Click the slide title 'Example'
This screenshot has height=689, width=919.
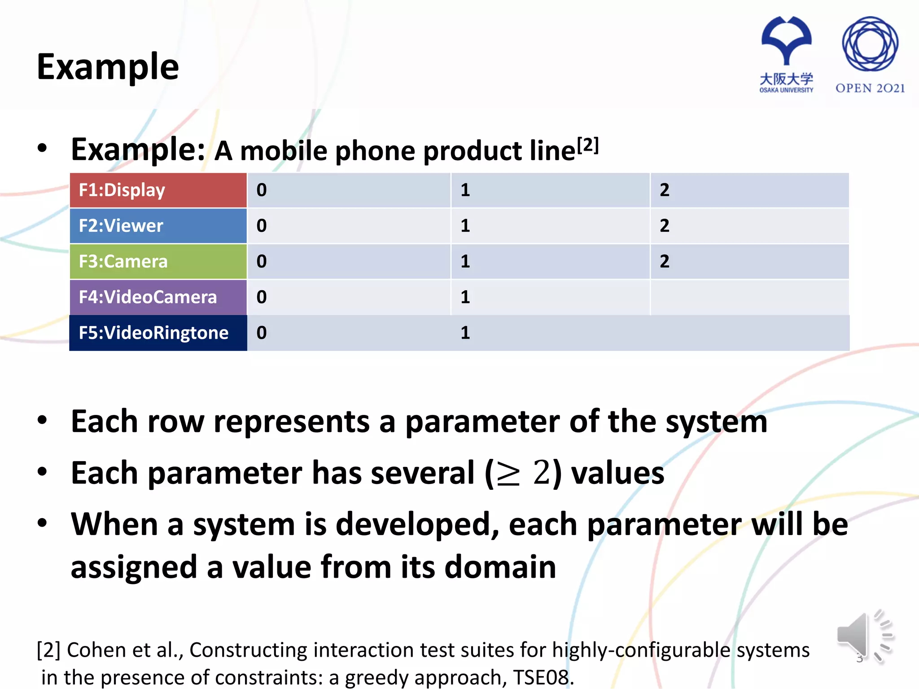click(108, 66)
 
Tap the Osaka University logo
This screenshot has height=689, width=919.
click(786, 54)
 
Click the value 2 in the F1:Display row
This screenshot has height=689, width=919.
click(665, 190)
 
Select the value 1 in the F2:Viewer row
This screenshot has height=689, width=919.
click(465, 226)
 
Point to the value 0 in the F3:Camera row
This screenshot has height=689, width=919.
click(262, 262)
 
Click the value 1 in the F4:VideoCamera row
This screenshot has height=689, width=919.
click(465, 297)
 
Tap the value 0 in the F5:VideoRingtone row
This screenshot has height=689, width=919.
click(262, 333)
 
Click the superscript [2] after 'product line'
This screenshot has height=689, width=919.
click(588, 145)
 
